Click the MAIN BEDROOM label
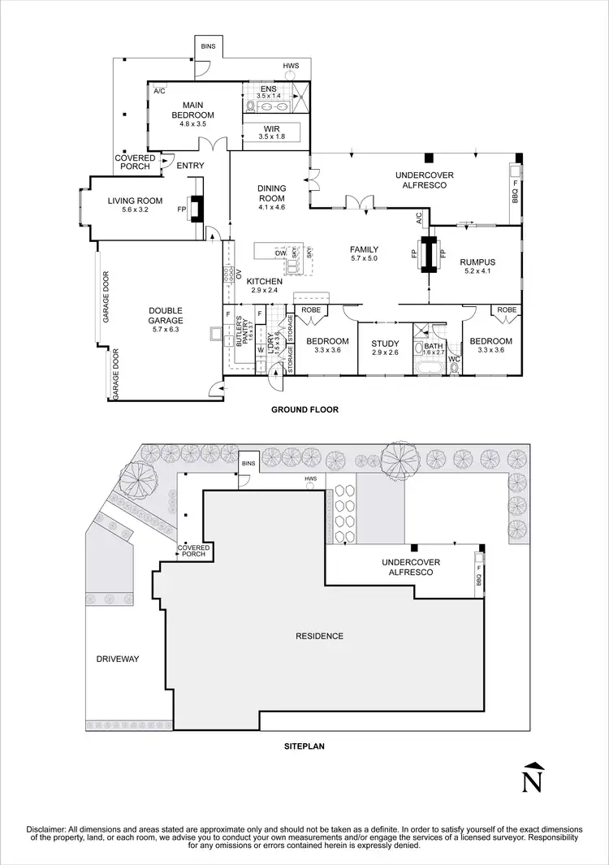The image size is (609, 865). point(192,110)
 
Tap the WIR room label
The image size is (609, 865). point(271,129)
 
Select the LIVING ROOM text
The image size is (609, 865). point(136,201)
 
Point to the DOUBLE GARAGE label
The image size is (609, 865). point(166,315)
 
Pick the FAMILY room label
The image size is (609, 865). point(365,249)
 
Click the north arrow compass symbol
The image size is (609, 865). point(532,777)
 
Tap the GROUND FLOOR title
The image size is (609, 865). point(304,410)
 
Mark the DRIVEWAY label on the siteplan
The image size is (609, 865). point(118,660)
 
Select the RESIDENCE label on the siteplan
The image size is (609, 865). point(320,636)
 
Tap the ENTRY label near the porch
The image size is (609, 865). point(191,167)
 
